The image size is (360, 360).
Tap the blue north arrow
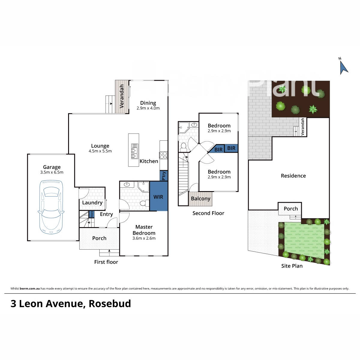[343, 67]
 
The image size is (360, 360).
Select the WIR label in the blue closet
[158, 197]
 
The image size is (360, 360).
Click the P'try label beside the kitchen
[164, 175]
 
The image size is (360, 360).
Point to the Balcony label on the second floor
[200, 199]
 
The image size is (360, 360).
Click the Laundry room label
[92, 202]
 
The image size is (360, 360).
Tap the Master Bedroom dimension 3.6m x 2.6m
[144, 238]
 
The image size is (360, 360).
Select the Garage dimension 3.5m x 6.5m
[52, 172]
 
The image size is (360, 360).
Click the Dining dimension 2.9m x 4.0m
[148, 108]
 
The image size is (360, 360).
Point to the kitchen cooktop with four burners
[163, 155]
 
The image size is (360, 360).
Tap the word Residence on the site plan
[293, 176]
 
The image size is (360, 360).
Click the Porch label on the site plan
[291, 208]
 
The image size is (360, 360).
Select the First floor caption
[106, 262]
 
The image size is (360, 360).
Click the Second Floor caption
[208, 213]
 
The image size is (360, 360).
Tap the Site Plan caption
[292, 266]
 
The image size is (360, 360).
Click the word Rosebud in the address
[110, 304]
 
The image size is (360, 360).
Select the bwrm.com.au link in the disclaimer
[30, 289]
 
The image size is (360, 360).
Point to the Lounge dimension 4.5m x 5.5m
[100, 151]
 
